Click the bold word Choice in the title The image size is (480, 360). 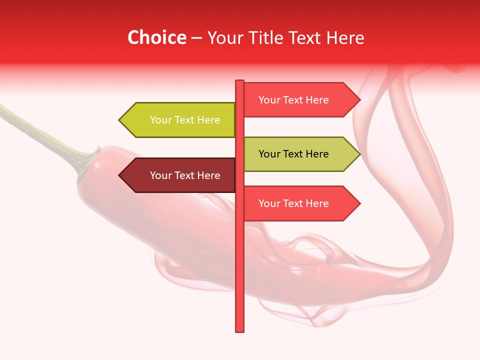tap(156, 37)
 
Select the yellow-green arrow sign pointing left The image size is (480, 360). tap(180, 120)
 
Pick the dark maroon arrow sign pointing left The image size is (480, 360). tap(180, 175)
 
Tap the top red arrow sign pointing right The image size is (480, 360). tap(297, 100)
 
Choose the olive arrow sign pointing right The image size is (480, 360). tap(297, 154)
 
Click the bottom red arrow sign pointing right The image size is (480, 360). tap(297, 203)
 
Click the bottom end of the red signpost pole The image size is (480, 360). tap(239, 330)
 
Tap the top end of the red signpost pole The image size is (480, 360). tap(239, 81)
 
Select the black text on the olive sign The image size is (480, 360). tap(293, 154)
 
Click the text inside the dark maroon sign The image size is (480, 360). tap(185, 175)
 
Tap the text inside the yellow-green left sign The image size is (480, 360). tap(185, 120)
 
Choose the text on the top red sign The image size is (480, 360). tap(293, 100)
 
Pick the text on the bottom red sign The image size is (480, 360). tap(293, 203)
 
